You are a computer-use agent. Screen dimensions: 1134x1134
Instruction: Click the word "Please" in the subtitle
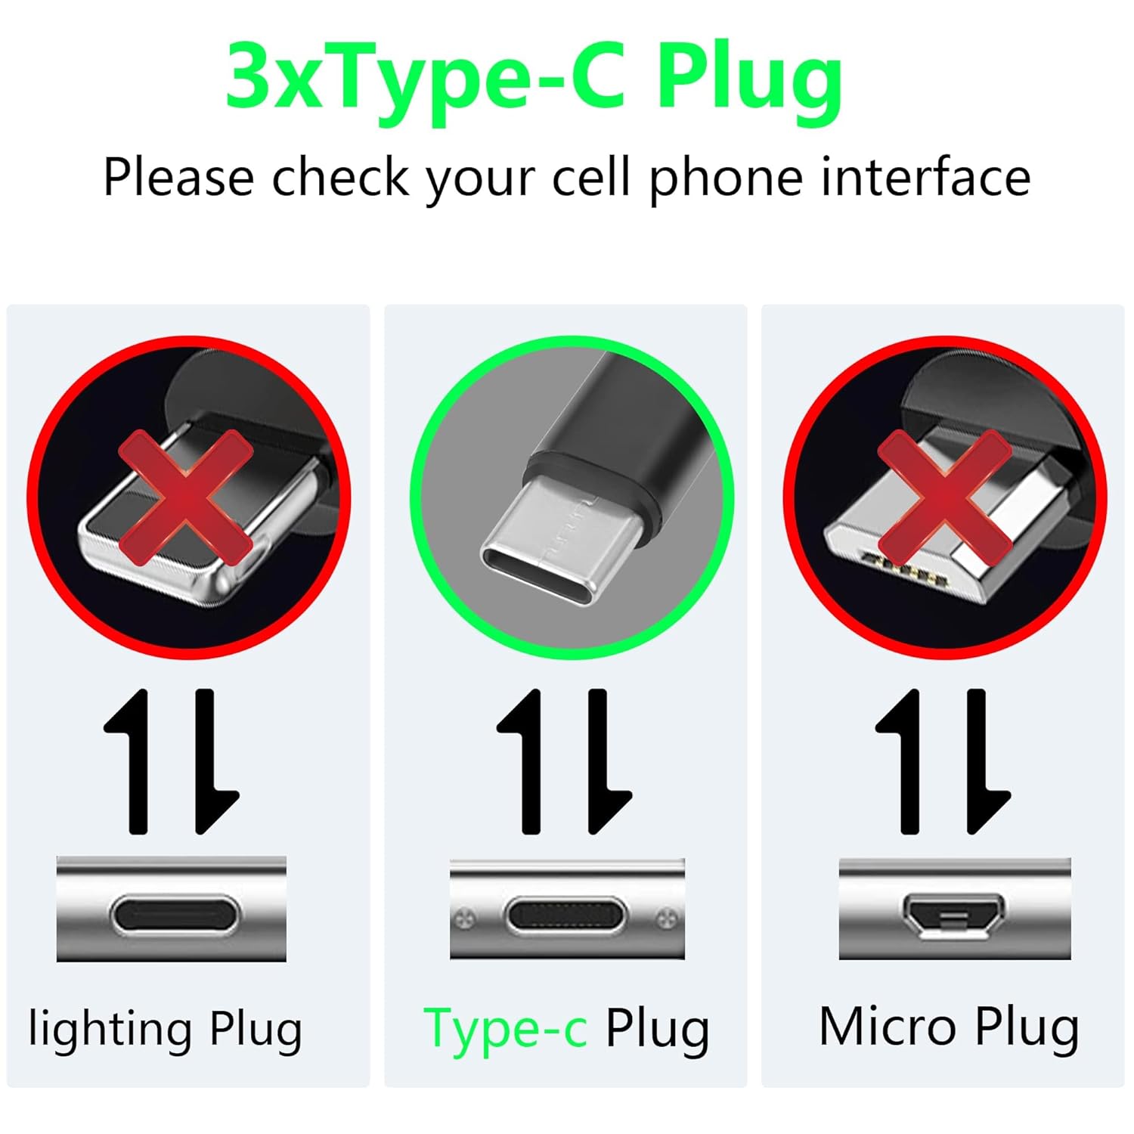[x=178, y=178]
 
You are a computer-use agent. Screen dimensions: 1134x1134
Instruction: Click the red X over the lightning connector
[x=185, y=497]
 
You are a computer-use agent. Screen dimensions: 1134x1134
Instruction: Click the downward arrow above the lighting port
[x=209, y=760]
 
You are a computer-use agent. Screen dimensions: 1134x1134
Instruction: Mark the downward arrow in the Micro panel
[x=982, y=760]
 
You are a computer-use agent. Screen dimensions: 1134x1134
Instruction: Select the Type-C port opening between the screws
[x=566, y=917]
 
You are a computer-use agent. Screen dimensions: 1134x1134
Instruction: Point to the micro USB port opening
[x=953, y=916]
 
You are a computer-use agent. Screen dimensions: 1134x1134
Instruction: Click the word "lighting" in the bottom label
[x=110, y=1030]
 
